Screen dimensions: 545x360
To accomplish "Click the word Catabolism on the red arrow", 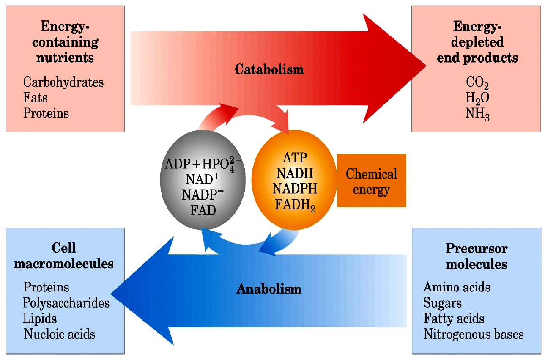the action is [x=269, y=69].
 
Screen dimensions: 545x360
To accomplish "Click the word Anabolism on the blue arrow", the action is [x=269, y=289].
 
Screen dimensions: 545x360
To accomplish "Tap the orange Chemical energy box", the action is [x=372, y=180].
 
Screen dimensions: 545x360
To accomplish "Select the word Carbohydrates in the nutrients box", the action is [x=63, y=82].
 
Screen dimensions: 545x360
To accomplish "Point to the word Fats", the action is [x=35, y=98].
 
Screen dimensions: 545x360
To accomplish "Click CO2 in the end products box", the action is [x=477, y=83].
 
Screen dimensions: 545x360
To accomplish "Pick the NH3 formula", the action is [x=477, y=114].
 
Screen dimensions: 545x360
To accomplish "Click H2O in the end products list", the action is [x=477, y=98].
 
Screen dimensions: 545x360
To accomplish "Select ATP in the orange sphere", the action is [x=295, y=157].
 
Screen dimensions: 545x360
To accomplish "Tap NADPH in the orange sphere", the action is [x=295, y=189].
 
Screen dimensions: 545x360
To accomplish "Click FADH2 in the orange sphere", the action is [x=295, y=205].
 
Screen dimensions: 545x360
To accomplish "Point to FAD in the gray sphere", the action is [x=203, y=210].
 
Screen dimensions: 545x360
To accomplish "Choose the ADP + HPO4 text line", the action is [x=203, y=164].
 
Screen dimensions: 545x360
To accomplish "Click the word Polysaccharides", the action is [x=66, y=303].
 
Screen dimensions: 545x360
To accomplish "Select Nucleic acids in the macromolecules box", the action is [x=59, y=334].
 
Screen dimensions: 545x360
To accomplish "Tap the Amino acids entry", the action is [x=457, y=287].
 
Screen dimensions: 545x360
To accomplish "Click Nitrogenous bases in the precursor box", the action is [x=474, y=334].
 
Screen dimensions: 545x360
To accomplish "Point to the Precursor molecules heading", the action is [x=477, y=256].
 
